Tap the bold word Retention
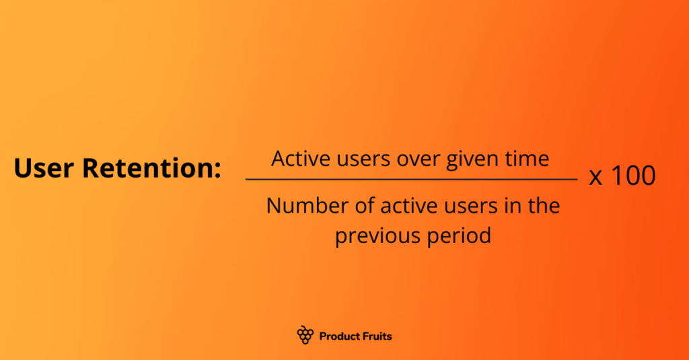click(x=151, y=168)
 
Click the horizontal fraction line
click(x=411, y=180)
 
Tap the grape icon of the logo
click(x=305, y=335)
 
